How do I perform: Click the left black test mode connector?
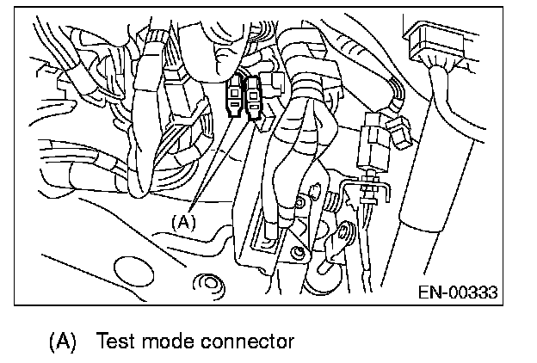pos(235,95)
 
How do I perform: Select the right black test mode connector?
pos(254,97)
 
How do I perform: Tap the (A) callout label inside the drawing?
pos(183,221)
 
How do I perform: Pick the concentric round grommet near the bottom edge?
pos(207,281)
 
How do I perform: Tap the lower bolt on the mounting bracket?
pos(298,252)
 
